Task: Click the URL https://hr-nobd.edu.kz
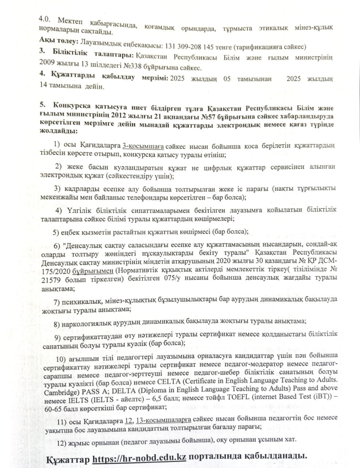click(140, 457)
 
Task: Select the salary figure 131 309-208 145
click(190, 47)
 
